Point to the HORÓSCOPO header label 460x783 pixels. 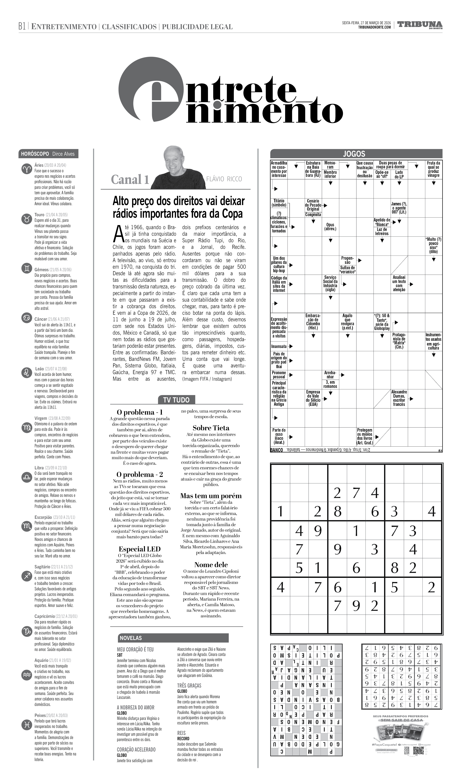click(x=35, y=154)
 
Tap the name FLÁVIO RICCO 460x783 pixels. click(x=224, y=179)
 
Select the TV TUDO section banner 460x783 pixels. click(x=176, y=400)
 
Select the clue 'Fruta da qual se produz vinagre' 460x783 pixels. click(x=433, y=169)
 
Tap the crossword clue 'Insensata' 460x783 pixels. click(x=279, y=346)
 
